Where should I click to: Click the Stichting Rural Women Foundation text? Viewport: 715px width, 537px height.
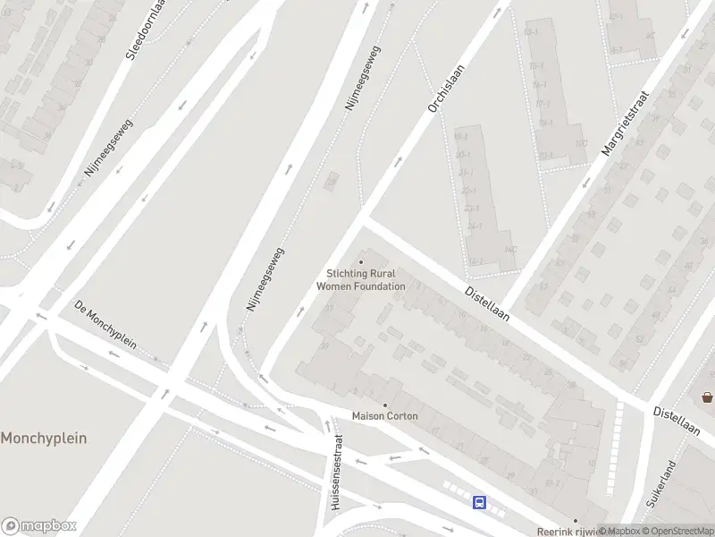click(361, 280)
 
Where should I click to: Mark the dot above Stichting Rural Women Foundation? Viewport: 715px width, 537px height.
click(361, 262)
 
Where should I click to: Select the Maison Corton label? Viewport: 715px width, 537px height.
click(384, 416)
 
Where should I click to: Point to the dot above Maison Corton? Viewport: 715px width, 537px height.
click(385, 405)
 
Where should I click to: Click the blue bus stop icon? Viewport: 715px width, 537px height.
click(480, 502)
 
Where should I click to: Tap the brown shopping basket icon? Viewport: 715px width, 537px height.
click(707, 396)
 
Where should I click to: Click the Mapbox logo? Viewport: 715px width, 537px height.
click(38, 525)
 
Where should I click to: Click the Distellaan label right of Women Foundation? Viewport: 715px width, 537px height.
click(487, 303)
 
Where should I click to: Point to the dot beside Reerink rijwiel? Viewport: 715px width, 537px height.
click(576, 521)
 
